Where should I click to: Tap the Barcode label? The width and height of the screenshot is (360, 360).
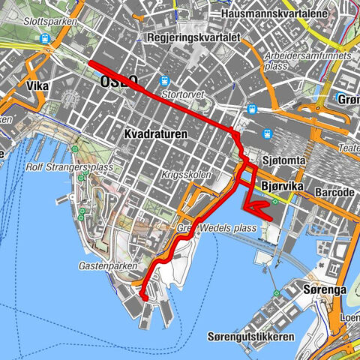pyautogui.click(x=334, y=193)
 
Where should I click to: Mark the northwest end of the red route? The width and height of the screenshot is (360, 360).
pyautogui.click(x=90, y=63)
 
